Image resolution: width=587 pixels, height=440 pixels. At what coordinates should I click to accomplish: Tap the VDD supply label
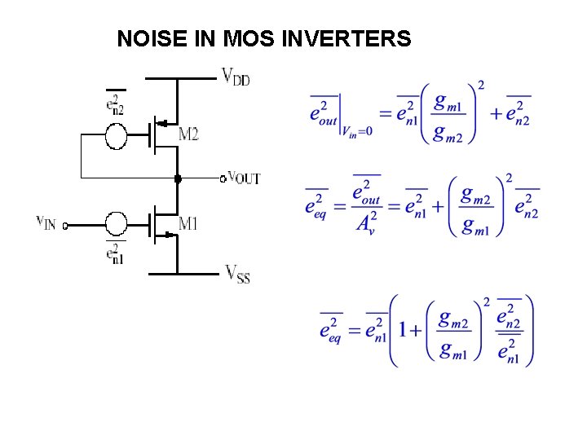(236, 77)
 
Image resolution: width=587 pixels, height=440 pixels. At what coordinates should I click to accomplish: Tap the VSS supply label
(237, 274)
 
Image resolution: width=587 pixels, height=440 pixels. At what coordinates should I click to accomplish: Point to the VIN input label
(46, 222)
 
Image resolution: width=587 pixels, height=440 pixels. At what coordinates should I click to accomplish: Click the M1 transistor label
(188, 223)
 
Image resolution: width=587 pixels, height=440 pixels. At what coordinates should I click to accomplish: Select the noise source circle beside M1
(117, 223)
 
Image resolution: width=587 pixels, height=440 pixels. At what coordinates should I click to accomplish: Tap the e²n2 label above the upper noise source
(116, 104)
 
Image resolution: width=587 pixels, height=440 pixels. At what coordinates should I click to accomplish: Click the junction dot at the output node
(177, 177)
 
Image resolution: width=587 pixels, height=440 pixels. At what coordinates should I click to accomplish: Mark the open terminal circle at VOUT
(223, 177)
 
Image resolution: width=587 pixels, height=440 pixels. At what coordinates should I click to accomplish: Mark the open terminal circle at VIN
(65, 226)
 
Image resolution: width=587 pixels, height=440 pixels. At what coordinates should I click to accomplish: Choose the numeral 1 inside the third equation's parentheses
(403, 330)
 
